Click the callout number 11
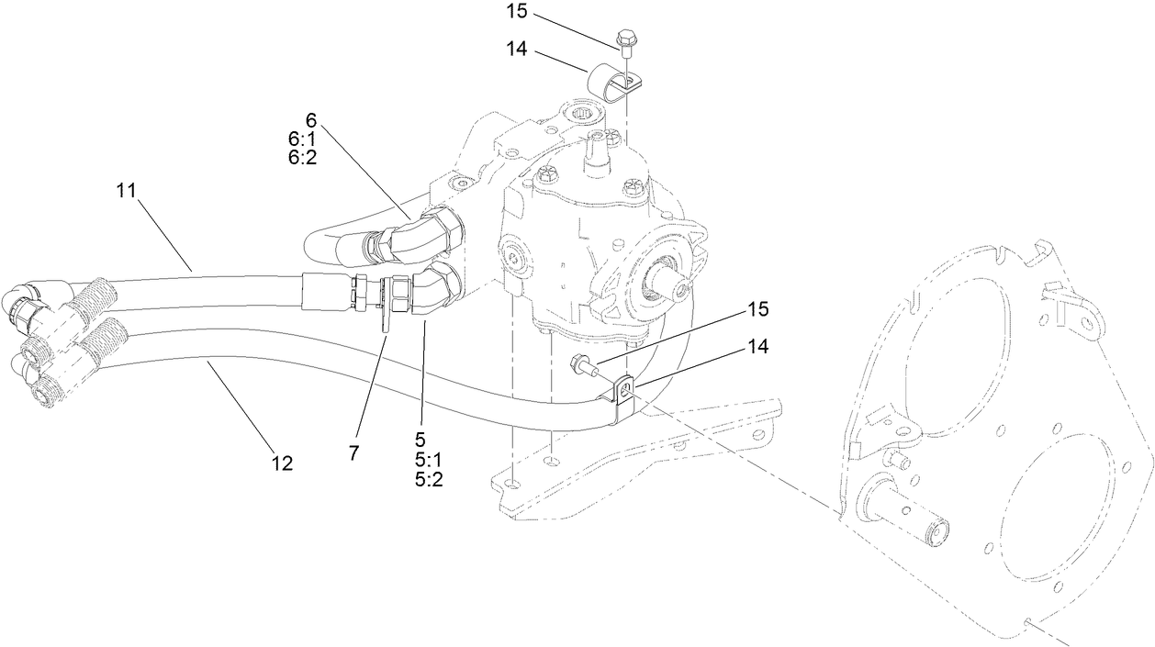point(126,191)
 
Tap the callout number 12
point(283,463)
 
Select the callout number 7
point(354,452)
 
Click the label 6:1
point(302,138)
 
